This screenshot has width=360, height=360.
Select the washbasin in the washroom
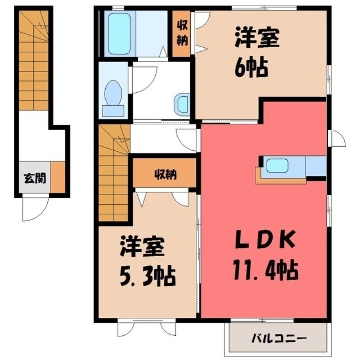(183, 103)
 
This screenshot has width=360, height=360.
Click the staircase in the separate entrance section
(34, 58)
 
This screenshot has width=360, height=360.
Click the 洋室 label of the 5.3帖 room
(142, 247)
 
